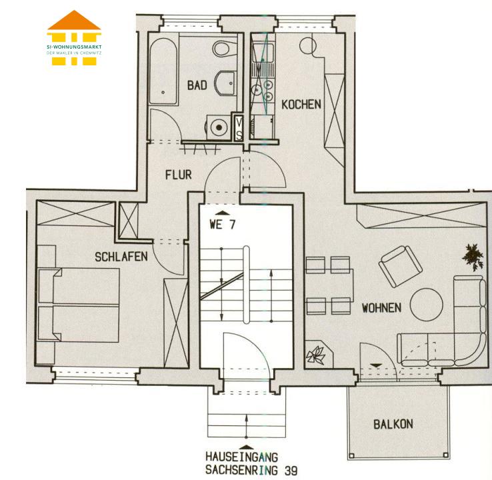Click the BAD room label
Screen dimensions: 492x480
point(197,85)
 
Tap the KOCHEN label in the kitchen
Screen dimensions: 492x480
point(301,105)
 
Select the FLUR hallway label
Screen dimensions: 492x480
point(179,175)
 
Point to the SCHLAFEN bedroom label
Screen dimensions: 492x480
point(121,257)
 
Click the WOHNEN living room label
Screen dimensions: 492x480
point(381,308)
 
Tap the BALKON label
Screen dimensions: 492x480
point(393,424)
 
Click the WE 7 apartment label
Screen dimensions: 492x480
point(223,225)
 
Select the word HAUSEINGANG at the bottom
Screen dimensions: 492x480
point(242,457)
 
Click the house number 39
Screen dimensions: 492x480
point(291,471)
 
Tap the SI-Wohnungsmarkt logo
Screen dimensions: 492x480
point(74,38)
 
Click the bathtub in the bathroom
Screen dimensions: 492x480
point(163,71)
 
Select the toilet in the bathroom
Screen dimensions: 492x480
point(225,48)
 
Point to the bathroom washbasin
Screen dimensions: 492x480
point(225,83)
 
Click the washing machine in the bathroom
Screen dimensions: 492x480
point(219,127)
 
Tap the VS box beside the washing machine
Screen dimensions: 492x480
point(239,128)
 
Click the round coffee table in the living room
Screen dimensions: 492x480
point(427,305)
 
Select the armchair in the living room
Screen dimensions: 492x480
point(401,266)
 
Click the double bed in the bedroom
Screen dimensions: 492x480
point(79,304)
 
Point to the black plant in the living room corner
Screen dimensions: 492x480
point(473,257)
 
